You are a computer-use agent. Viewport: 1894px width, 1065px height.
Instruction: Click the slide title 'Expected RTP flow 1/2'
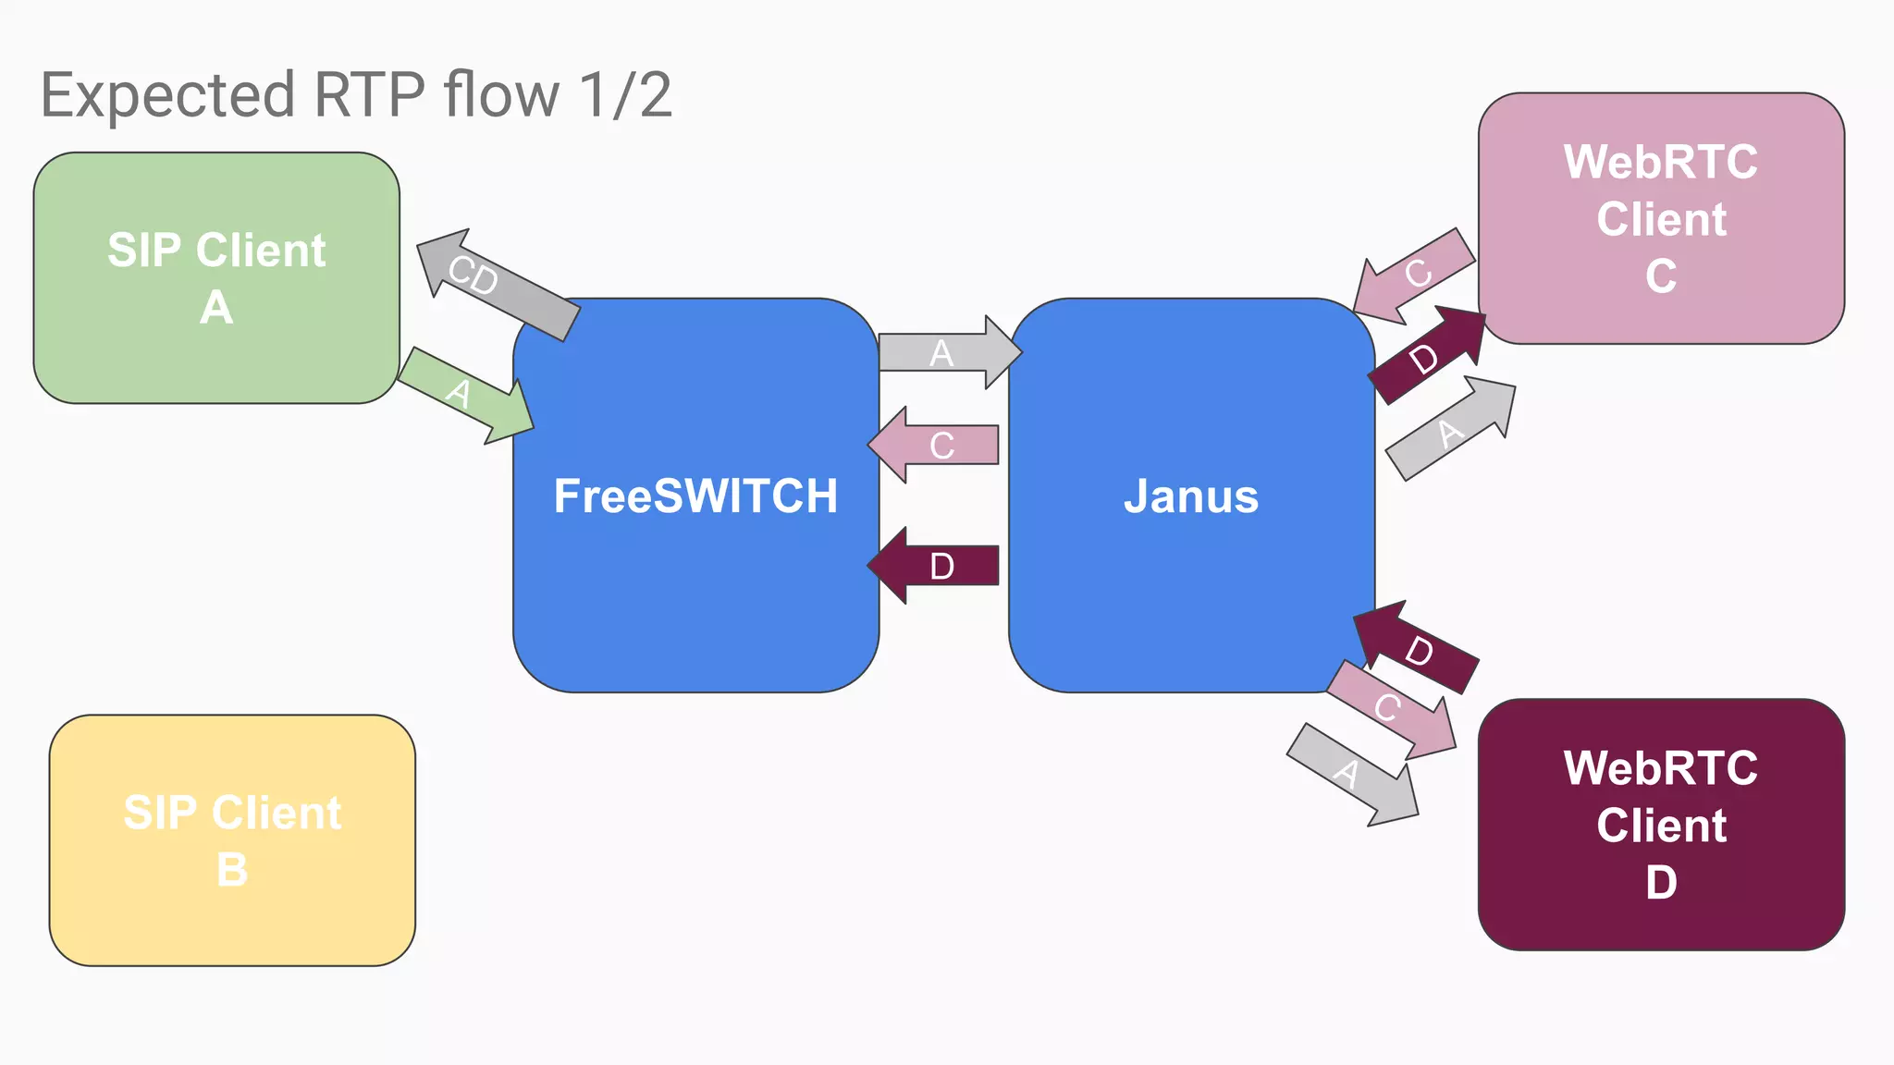[356, 94]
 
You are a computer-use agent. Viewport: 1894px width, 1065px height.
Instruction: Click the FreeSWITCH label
[695, 496]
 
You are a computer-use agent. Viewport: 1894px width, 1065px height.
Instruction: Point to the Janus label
[1191, 496]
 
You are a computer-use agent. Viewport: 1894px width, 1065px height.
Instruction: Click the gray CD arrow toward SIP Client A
[495, 283]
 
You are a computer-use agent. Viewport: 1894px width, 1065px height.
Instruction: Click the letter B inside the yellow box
[232, 870]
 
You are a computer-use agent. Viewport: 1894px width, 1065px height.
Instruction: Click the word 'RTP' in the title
[369, 94]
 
